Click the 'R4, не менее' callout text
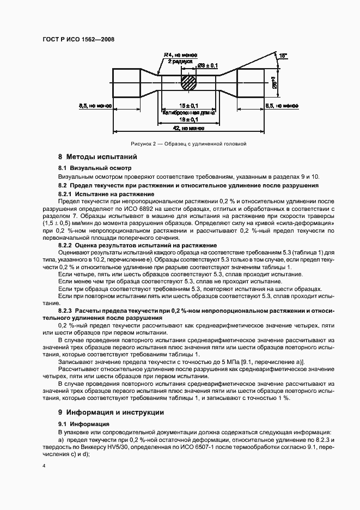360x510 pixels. point(180,55)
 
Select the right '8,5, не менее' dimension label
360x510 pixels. point(281,106)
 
